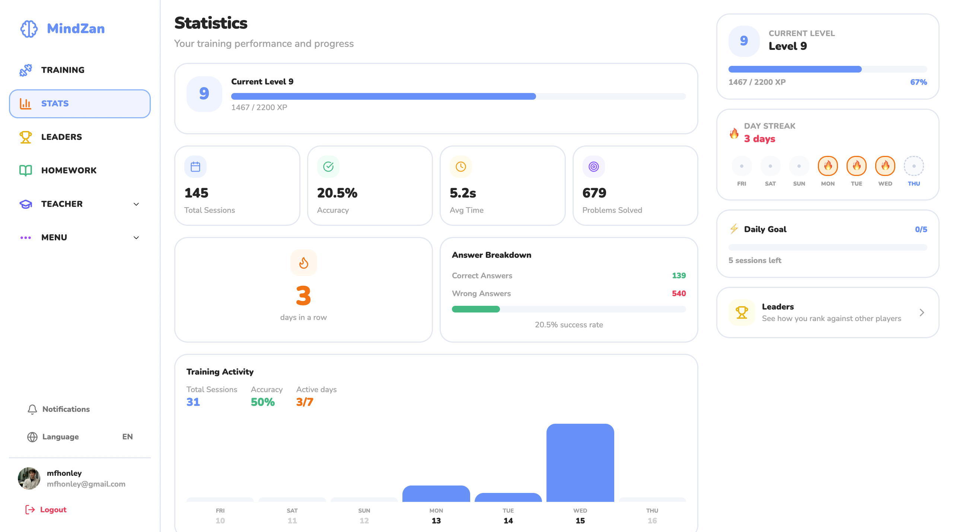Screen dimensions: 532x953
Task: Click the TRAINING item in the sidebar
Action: coord(63,70)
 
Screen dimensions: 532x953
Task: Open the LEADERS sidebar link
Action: coord(61,137)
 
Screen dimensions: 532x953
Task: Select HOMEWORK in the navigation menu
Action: coord(68,170)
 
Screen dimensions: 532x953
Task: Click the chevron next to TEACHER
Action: coord(136,204)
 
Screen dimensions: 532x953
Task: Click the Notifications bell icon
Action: coord(32,409)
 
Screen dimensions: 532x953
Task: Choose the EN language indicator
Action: coord(127,437)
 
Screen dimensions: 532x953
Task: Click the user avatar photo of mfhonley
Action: coord(29,478)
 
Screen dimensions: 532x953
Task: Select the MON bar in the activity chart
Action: coord(436,494)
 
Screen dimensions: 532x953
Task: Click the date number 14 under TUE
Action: coord(508,521)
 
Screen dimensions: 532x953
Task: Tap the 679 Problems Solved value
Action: coord(594,193)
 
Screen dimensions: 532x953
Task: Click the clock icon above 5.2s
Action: coord(461,167)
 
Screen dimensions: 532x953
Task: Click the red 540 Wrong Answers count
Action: coord(679,294)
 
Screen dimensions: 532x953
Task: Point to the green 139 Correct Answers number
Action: coord(679,276)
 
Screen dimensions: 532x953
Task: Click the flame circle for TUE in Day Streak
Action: coord(856,166)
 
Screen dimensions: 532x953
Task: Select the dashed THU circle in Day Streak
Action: coord(914,166)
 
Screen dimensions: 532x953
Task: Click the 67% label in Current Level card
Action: coord(918,82)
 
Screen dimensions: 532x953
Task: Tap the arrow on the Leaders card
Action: coord(922,313)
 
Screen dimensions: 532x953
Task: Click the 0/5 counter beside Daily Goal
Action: coord(921,230)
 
